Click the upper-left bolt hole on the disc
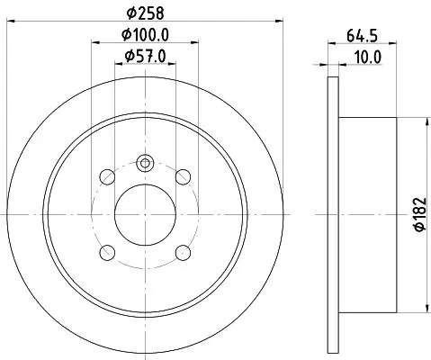[106, 175]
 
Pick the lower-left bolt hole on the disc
[106, 252]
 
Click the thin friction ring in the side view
[333, 213]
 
